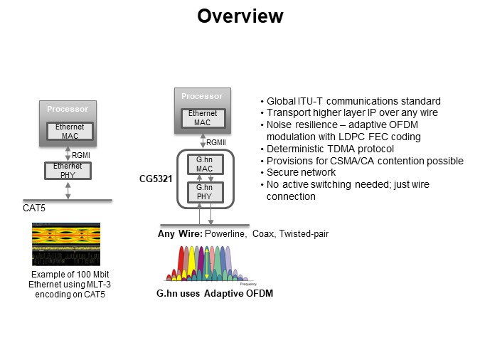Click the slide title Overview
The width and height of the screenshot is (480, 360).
(x=240, y=16)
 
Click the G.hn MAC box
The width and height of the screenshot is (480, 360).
(x=200, y=164)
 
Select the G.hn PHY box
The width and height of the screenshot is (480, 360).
(x=200, y=191)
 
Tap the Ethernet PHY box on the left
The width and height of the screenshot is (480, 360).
(x=68, y=170)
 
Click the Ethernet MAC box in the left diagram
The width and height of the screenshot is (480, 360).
(x=68, y=131)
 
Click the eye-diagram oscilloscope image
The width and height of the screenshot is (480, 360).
(x=66, y=245)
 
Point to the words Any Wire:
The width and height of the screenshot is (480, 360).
(x=181, y=234)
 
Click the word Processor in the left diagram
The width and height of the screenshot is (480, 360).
(x=68, y=109)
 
